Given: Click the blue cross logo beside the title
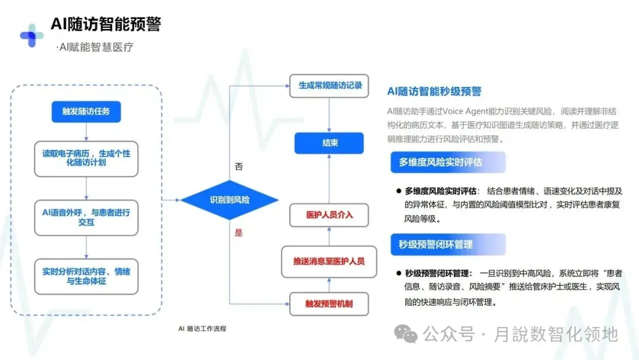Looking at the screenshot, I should tap(31, 36).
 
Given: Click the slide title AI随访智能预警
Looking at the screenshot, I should tap(105, 24).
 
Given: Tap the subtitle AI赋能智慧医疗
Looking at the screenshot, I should tap(95, 47).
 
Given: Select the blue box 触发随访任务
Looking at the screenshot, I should tap(86, 111).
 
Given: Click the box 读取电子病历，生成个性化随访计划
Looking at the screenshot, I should tap(86, 158).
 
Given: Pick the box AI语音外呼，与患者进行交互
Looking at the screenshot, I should tap(86, 217).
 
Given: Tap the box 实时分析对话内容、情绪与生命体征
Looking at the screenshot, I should tap(86, 277).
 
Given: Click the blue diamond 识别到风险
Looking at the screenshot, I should tap(230, 200).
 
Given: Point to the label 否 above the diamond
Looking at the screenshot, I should tap(239, 167).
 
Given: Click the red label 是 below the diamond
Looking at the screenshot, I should tap(238, 233).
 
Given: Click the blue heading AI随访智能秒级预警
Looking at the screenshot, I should tap(434, 91).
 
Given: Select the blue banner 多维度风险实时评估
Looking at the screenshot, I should tap(448, 162).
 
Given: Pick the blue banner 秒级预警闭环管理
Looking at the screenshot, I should tap(448, 245).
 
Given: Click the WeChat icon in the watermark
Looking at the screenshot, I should tap(406, 335).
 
